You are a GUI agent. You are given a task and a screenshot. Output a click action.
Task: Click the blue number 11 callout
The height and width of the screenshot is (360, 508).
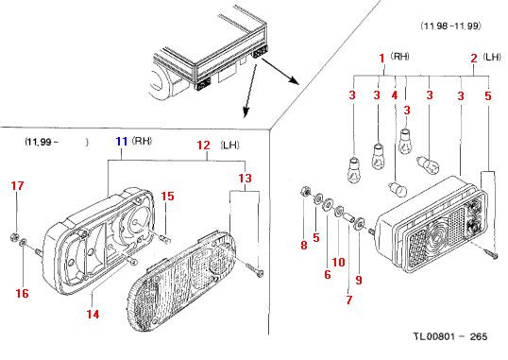122,142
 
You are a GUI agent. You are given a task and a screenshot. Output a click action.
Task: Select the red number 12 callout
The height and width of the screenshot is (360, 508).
203,145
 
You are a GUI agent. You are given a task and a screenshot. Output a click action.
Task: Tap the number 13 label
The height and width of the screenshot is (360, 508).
246,178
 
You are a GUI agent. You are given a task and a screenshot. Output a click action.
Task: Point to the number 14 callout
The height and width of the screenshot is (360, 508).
93,314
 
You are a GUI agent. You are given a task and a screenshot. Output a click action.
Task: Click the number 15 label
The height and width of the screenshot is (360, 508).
167,196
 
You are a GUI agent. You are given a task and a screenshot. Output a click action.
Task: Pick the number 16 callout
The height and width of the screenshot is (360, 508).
23,293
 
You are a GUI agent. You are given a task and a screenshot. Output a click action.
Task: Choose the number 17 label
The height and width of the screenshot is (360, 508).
18,186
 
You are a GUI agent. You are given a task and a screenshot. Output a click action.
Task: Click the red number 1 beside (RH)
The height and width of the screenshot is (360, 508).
382,59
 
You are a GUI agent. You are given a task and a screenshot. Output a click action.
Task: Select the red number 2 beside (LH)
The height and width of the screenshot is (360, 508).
474,59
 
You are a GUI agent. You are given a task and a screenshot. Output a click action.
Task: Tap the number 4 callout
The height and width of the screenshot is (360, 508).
395,95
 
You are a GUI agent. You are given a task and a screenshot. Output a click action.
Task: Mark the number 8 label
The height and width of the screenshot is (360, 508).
303,245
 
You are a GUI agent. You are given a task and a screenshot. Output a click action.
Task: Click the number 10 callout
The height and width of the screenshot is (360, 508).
339,262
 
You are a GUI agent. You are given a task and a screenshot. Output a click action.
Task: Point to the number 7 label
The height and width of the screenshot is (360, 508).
349,300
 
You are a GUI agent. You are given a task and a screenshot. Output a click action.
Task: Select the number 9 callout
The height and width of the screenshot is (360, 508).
359,280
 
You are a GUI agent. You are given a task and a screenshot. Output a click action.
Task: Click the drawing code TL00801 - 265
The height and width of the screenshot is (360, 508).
450,336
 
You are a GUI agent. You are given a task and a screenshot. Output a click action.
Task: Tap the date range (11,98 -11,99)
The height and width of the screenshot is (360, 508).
450,26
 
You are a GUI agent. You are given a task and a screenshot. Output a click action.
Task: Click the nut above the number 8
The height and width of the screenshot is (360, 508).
305,192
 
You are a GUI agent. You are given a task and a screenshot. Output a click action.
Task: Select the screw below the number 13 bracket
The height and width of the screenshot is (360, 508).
254,270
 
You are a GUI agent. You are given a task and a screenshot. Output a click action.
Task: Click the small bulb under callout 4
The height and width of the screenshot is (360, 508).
398,189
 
